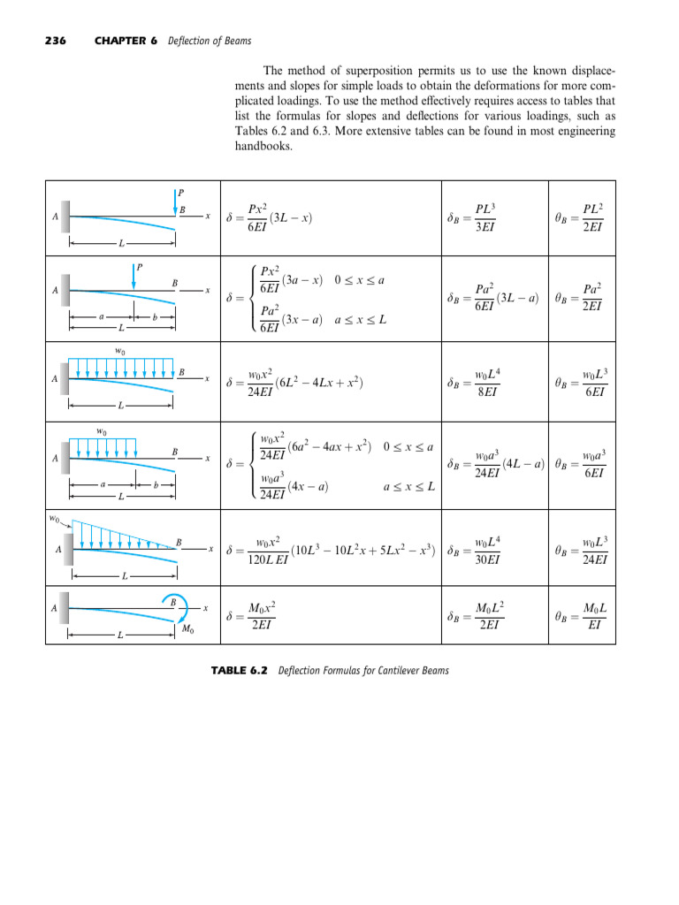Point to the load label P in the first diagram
pyautogui.click(x=181, y=192)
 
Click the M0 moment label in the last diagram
pyautogui.click(x=187, y=629)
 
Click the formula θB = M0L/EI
pyautogui.click(x=580, y=615)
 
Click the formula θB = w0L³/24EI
pyautogui.click(x=580, y=549)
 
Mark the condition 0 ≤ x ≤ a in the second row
pyautogui.click(x=362, y=280)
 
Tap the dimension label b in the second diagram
pyautogui.click(x=156, y=313)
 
